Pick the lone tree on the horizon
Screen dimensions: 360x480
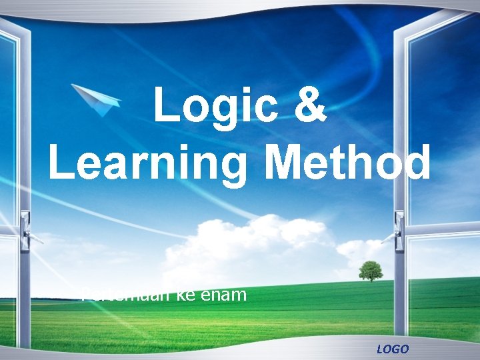[371, 271]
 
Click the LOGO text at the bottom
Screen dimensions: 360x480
[393, 349]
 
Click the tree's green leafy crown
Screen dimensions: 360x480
[371, 268]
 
